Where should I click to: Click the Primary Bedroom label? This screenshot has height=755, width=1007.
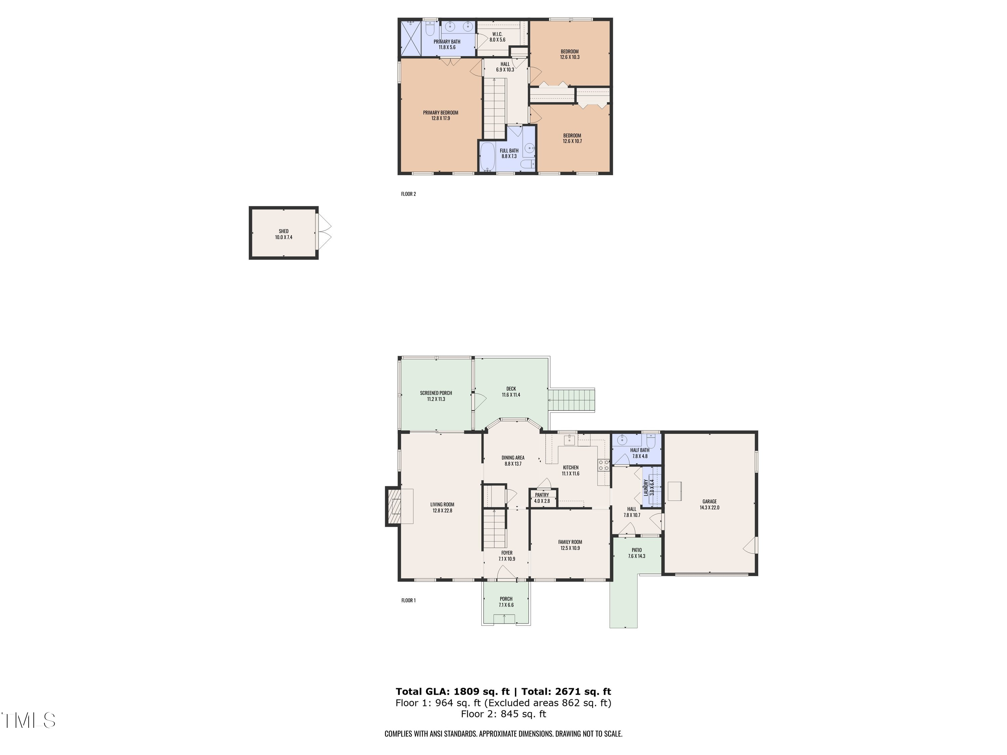click(x=440, y=113)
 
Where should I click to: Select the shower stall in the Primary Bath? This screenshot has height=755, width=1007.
click(x=411, y=38)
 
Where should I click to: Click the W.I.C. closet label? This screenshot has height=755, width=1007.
click(x=497, y=34)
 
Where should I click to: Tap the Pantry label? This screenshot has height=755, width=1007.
click(x=542, y=495)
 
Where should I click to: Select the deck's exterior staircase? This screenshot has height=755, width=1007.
click(x=571, y=400)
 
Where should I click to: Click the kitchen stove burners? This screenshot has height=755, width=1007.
click(x=604, y=465)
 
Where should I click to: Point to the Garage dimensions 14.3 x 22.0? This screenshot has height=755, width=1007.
click(x=709, y=507)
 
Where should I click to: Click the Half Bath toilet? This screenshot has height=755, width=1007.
click(x=651, y=442)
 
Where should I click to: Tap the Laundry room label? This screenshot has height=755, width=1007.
click(x=645, y=487)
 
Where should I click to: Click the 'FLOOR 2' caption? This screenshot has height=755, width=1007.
click(x=409, y=194)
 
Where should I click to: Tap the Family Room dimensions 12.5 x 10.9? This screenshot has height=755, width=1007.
click(x=570, y=548)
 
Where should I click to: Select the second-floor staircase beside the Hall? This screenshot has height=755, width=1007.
click(x=494, y=108)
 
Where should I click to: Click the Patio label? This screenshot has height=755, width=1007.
click(x=636, y=550)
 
